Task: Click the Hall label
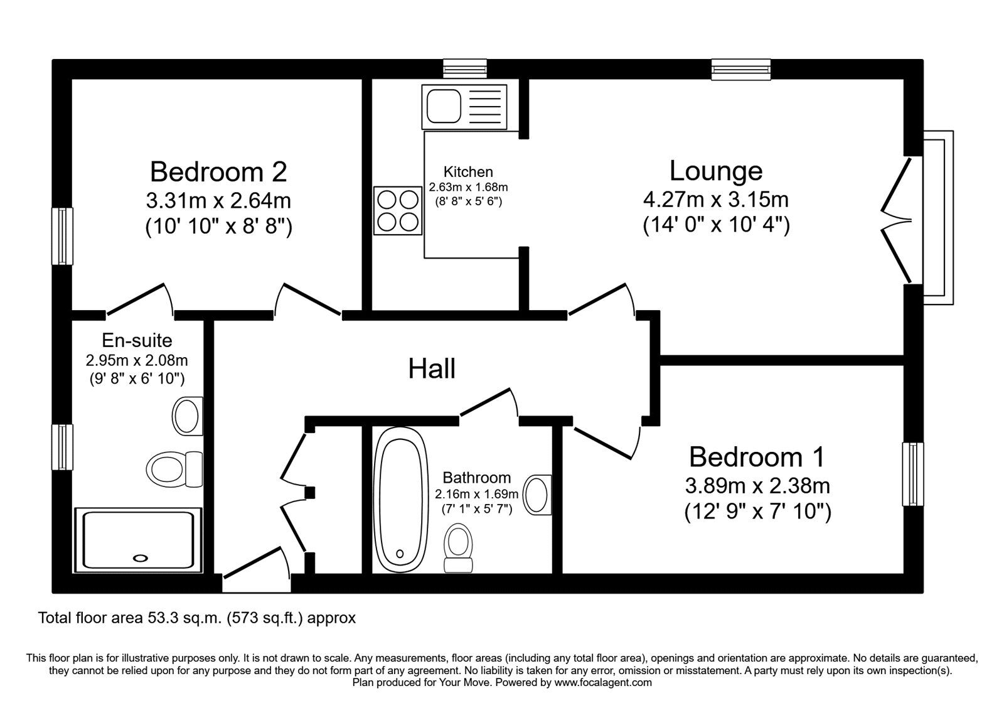click(432, 368)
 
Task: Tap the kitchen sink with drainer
click(464, 107)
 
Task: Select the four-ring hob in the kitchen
click(398, 211)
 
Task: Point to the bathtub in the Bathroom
click(400, 500)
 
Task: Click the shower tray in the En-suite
click(138, 540)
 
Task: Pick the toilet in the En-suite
click(174, 469)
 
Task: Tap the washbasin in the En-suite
click(188, 416)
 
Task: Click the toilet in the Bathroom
click(458, 548)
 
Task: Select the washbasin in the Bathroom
click(538, 495)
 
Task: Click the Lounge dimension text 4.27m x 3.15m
click(716, 200)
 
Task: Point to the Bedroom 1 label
click(757, 457)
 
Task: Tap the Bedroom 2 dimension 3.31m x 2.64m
click(218, 200)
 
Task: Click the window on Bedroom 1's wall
click(913, 474)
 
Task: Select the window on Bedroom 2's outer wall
click(62, 236)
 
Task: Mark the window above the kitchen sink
click(465, 69)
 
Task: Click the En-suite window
click(62, 447)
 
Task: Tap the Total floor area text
click(197, 618)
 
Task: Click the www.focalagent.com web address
click(603, 682)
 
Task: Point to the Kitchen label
click(468, 172)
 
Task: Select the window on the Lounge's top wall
click(741, 70)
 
